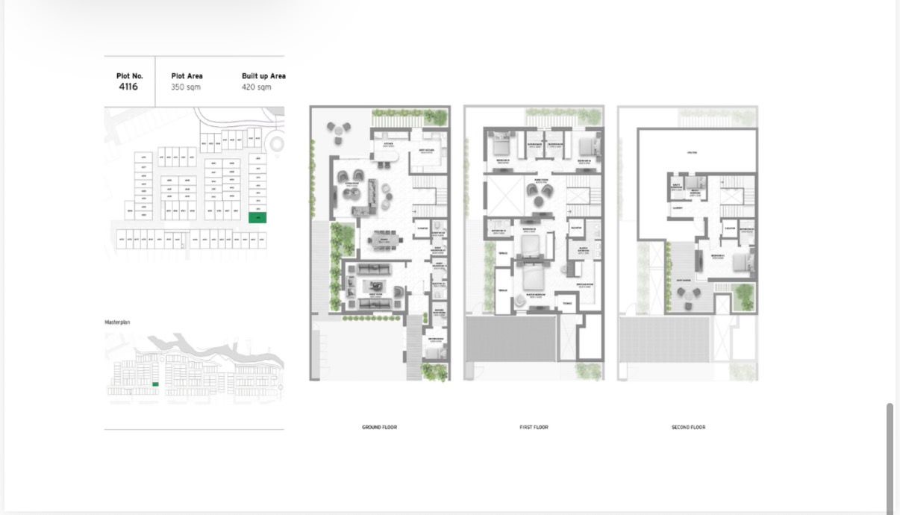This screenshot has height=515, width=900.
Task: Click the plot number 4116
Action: pyautogui.click(x=129, y=87)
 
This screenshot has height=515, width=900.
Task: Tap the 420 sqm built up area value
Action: pyautogui.click(x=256, y=87)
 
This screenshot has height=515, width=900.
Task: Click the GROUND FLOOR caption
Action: pyautogui.click(x=379, y=428)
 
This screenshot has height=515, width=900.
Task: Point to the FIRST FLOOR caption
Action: pyautogui.click(x=534, y=428)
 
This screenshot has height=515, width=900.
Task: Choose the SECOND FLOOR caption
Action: pyautogui.click(x=688, y=428)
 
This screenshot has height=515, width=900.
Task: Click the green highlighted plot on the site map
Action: pyautogui.click(x=257, y=218)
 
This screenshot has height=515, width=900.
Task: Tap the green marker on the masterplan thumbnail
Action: pyautogui.click(x=155, y=384)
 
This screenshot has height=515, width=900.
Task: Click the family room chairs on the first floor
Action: pyautogui.click(x=537, y=193)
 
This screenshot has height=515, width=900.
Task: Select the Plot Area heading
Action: pyautogui.click(x=187, y=76)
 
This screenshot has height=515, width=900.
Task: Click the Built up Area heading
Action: pyautogui.click(x=263, y=76)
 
